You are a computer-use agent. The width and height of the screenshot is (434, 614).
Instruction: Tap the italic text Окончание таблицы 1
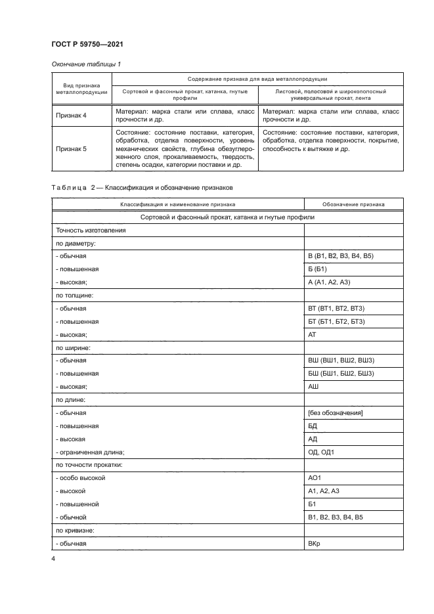[x=85, y=64]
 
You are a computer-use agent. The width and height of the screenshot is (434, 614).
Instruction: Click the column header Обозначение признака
[x=345, y=205]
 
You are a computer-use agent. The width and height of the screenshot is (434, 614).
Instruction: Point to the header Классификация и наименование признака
[x=177, y=205]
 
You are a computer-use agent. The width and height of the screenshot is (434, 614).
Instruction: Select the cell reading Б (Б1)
[x=317, y=269]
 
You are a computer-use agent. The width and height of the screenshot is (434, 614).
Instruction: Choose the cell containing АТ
[x=313, y=334]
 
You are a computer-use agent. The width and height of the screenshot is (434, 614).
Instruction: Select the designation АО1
[x=316, y=478]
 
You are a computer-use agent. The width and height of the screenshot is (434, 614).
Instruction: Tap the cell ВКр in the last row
[x=315, y=544]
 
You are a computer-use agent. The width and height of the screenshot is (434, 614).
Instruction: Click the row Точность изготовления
[x=90, y=230]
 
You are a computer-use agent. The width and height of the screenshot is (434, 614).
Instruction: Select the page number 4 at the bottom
[x=53, y=559]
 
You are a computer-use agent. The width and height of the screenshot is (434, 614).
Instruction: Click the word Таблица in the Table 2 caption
[x=69, y=187]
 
